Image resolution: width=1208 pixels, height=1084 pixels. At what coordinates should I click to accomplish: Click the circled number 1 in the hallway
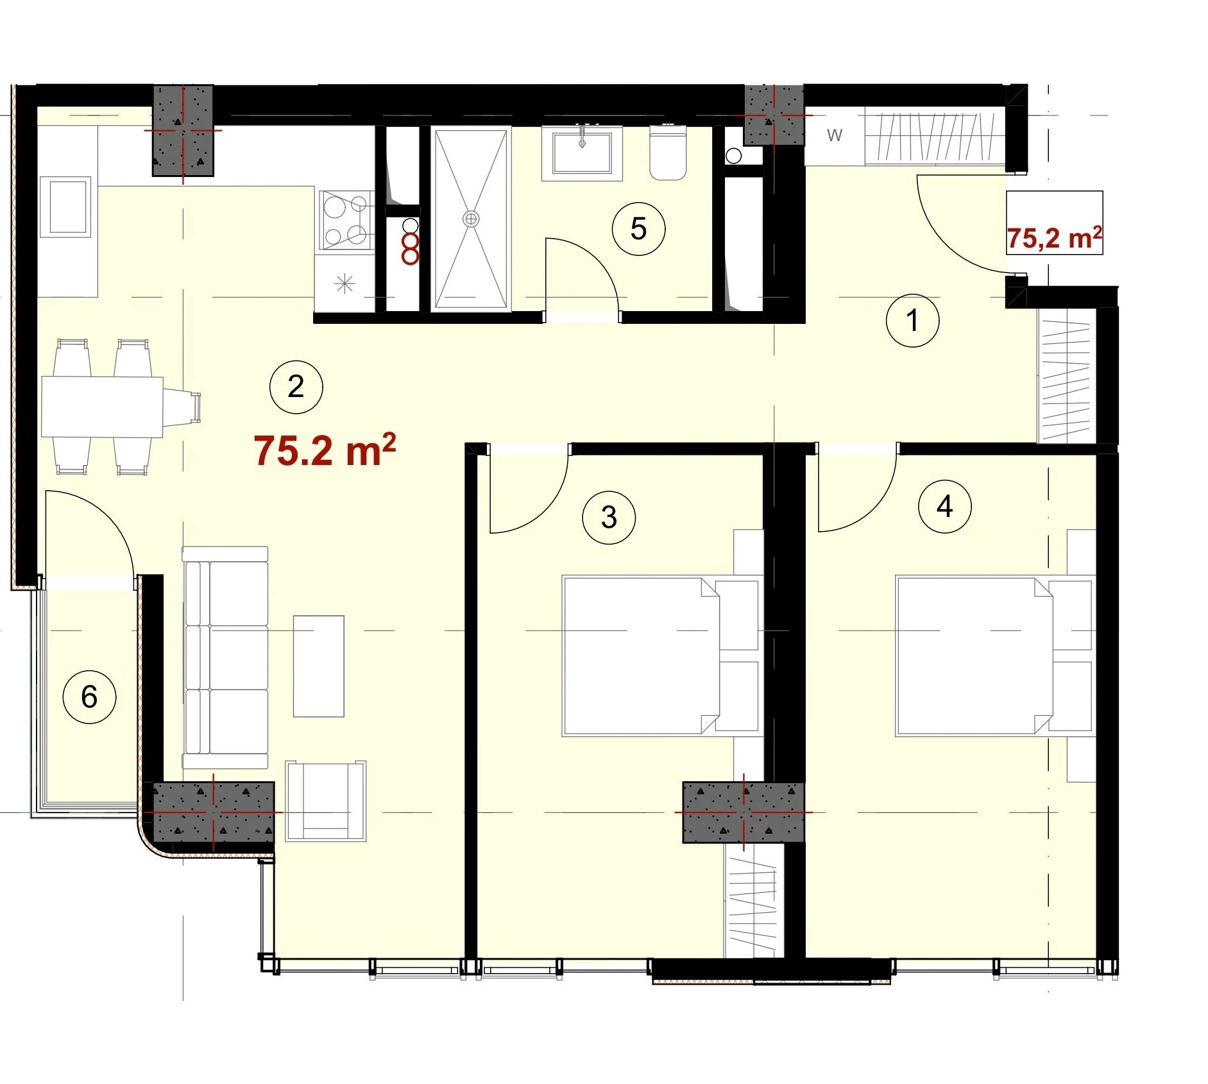click(x=912, y=321)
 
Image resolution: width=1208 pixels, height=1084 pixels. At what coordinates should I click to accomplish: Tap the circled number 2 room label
click(x=296, y=387)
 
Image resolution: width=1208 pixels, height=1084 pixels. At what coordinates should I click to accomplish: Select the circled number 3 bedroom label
click(x=609, y=517)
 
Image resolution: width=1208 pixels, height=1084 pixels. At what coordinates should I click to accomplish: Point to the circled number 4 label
click(x=944, y=507)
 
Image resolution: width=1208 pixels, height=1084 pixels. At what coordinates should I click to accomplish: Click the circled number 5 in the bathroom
click(x=638, y=228)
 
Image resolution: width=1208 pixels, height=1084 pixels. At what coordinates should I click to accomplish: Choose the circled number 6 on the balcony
click(x=89, y=697)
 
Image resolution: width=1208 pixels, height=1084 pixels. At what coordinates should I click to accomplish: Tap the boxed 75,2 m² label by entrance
click(x=1054, y=223)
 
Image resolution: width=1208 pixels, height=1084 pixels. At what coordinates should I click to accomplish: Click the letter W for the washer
click(x=834, y=135)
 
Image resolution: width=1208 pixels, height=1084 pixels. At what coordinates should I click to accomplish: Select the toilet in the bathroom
click(x=668, y=152)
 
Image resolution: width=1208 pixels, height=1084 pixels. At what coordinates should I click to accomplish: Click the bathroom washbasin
click(x=582, y=153)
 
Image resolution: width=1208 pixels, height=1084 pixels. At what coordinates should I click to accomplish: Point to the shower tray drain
click(x=471, y=219)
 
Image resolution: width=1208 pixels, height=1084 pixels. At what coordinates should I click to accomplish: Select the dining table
click(x=102, y=407)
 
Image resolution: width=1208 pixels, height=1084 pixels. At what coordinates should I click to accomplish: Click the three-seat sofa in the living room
click(x=225, y=657)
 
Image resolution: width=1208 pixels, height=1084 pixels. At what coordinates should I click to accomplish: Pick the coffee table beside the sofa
click(x=319, y=666)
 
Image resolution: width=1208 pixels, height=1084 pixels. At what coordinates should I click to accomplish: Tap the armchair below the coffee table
click(x=326, y=800)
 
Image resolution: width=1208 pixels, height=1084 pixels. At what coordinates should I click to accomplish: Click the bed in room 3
click(x=661, y=655)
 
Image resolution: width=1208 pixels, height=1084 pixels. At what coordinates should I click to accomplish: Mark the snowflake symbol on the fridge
click(x=345, y=284)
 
